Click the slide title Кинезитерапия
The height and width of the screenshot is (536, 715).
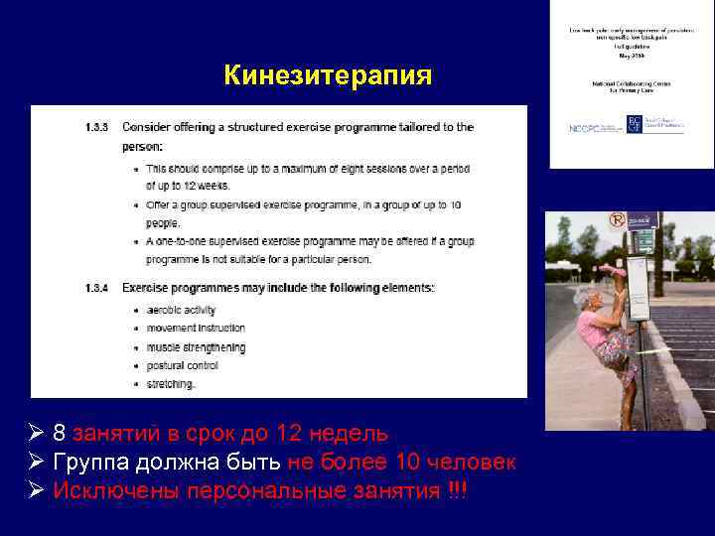click(328, 75)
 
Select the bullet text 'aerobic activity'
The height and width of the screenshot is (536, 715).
click(181, 310)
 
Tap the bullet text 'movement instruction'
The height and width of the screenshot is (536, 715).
click(196, 328)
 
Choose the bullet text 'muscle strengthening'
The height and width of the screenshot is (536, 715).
click(196, 346)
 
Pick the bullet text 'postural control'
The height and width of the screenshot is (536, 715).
click(182, 365)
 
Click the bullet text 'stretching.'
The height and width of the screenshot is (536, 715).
click(171, 383)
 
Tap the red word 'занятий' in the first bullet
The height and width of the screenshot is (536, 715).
click(113, 434)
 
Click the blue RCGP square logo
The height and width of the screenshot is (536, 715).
click(635, 125)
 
